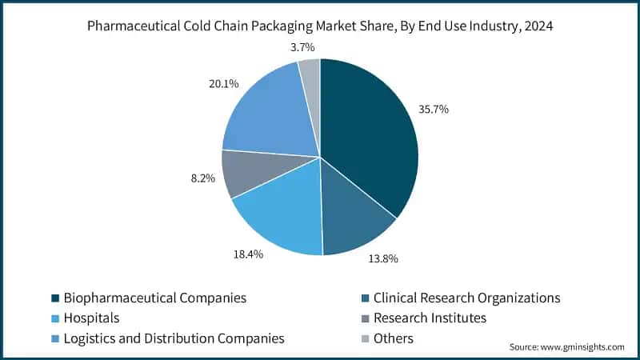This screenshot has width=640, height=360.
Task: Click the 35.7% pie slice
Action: pyautogui.click(x=368, y=136)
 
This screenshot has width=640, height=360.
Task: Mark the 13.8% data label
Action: pyautogui.click(x=382, y=259)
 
